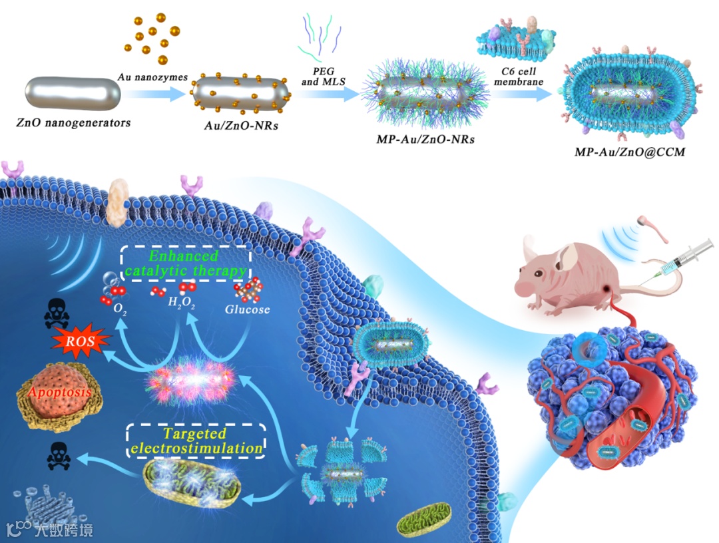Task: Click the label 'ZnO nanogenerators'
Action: coord(73,122)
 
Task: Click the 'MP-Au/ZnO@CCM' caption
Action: coord(629,152)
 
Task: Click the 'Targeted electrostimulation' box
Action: coord(195,441)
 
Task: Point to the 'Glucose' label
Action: coord(248,309)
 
